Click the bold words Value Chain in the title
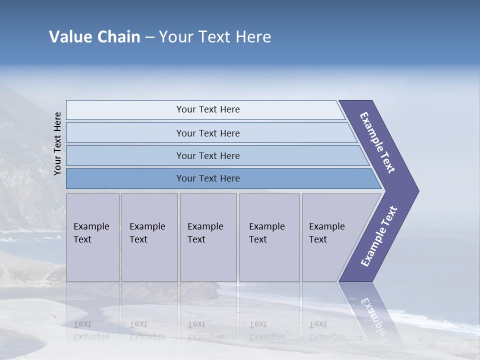[94, 37]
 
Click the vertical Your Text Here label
[57, 143]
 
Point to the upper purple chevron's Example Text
[377, 142]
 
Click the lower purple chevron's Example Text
[379, 236]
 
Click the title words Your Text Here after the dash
[215, 37]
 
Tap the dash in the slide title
[149, 37]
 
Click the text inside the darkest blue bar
[208, 178]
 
